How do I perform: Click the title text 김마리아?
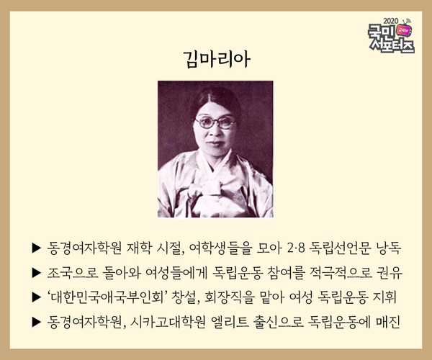(217, 59)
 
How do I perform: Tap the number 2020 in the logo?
(391, 21)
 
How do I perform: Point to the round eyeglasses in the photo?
(215, 122)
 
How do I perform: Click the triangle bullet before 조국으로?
(37, 273)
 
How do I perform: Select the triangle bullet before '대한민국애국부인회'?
(37, 297)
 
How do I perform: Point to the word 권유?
(390, 273)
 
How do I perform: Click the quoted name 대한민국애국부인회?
(107, 297)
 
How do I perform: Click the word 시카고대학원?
(168, 322)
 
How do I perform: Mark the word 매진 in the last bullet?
(388, 322)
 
